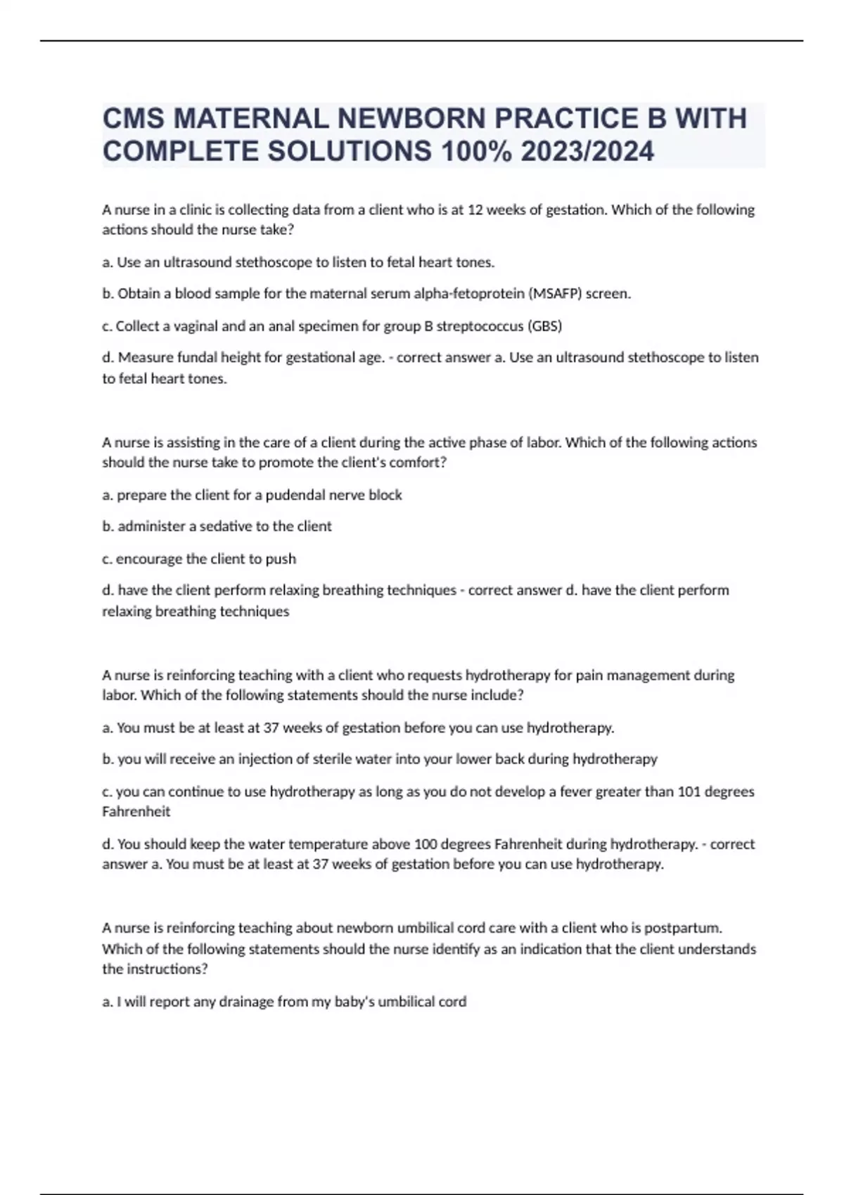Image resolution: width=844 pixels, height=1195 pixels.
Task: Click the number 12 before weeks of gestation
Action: pyautogui.click(x=475, y=209)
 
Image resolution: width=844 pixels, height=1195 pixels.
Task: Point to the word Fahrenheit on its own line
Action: pyautogui.click(x=136, y=811)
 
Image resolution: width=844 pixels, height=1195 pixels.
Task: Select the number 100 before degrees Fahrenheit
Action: pyautogui.click(x=426, y=844)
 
